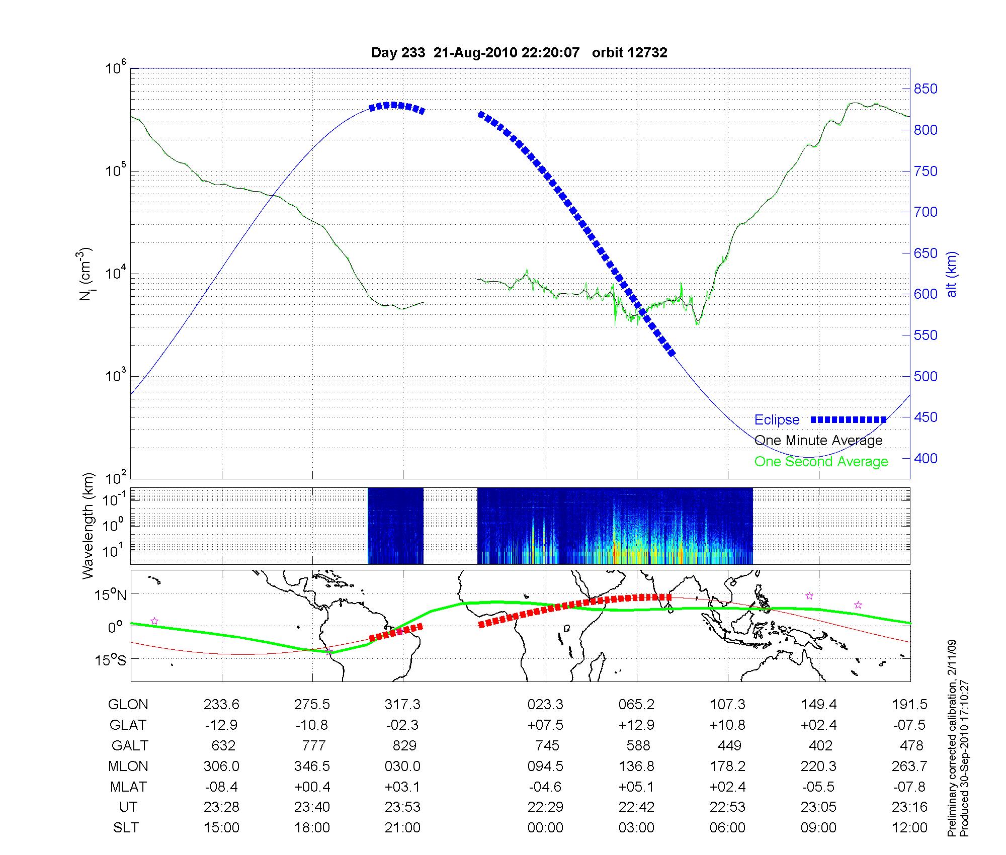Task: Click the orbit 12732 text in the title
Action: (x=629, y=53)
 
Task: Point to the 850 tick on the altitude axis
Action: (x=926, y=89)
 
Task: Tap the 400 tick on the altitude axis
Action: (x=926, y=458)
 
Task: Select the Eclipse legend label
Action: (x=777, y=420)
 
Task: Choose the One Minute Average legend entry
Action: (x=818, y=441)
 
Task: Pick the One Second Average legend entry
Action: (x=821, y=462)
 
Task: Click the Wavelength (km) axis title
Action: (x=88, y=526)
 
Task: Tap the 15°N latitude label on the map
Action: (x=111, y=595)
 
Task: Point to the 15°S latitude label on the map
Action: (x=111, y=660)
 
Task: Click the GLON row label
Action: (x=128, y=705)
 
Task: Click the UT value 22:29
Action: (x=545, y=807)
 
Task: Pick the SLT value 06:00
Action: (x=727, y=828)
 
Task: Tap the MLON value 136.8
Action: (x=637, y=766)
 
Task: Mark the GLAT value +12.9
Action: (x=636, y=725)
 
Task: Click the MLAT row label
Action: (x=128, y=787)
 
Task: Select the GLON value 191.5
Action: (x=909, y=705)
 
